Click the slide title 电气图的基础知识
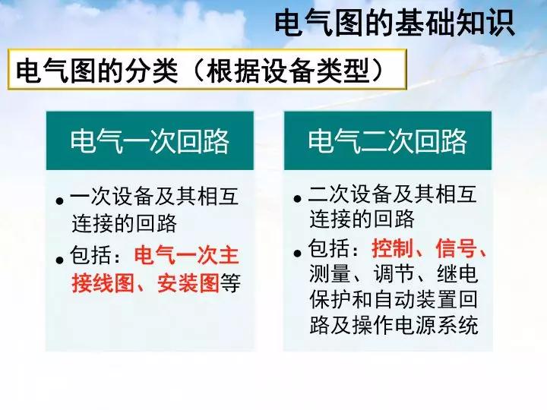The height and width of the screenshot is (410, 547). (x=395, y=23)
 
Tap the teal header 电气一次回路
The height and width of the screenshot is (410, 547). (x=150, y=141)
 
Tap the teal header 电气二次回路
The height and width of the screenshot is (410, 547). (x=387, y=141)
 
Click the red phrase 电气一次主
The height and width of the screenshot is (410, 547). (x=187, y=255)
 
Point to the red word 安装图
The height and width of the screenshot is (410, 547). (x=188, y=282)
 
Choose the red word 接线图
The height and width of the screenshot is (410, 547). (x=103, y=282)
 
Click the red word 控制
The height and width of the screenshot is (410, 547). (x=393, y=248)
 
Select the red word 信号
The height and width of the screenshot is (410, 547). (x=457, y=248)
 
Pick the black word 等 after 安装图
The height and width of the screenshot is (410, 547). (x=230, y=282)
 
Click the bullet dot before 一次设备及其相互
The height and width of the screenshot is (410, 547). (x=60, y=201)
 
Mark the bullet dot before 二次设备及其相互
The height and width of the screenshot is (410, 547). (x=298, y=199)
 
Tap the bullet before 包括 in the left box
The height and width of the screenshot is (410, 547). (x=60, y=260)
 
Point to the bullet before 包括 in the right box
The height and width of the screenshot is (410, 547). (x=298, y=253)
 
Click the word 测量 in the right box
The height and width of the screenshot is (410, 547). (x=330, y=273)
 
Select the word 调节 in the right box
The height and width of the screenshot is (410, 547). (x=394, y=273)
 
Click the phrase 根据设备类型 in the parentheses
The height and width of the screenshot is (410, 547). (x=288, y=71)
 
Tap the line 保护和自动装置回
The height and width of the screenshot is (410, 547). (x=394, y=299)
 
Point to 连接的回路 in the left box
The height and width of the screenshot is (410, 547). (x=124, y=223)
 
